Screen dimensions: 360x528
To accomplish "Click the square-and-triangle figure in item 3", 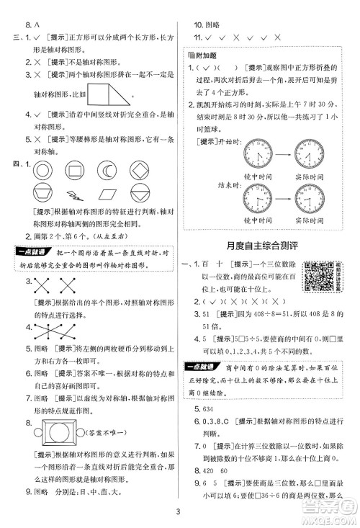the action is tap(110, 94).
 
